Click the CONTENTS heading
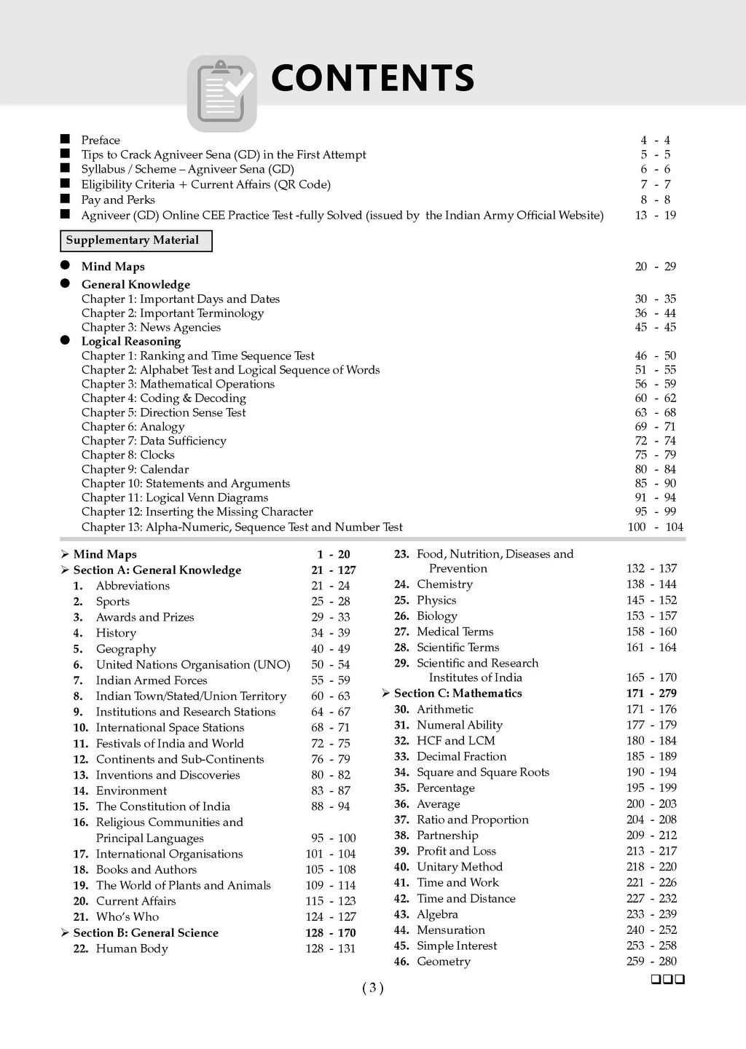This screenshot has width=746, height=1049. pos(372,78)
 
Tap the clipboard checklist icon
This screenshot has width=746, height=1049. pos(221,93)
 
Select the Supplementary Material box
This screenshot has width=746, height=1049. pos(136,240)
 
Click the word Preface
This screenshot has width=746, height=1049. pos(101,140)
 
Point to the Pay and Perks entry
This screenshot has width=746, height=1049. pos(118,200)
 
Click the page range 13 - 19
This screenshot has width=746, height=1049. pos(655,215)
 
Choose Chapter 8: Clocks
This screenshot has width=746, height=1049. pos(128,455)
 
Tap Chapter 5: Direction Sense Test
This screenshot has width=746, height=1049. pos(164,412)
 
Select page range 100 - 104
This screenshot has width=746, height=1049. pos(655,527)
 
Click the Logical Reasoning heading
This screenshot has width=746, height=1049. pos(131,341)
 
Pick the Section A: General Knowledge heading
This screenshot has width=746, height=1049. pos(157,570)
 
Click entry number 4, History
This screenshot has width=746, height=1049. pos(116,633)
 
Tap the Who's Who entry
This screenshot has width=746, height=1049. pos(127,916)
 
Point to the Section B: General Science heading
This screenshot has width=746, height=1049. pos(146,932)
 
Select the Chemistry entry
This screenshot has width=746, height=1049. pos(444,584)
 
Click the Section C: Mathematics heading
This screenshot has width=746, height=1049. pos(458,693)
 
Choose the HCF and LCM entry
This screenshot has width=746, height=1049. pos(455,740)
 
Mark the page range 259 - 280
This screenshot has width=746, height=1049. pos(651,961)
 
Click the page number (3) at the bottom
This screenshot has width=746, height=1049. pos(372,988)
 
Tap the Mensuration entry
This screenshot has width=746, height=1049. pos(450,930)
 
